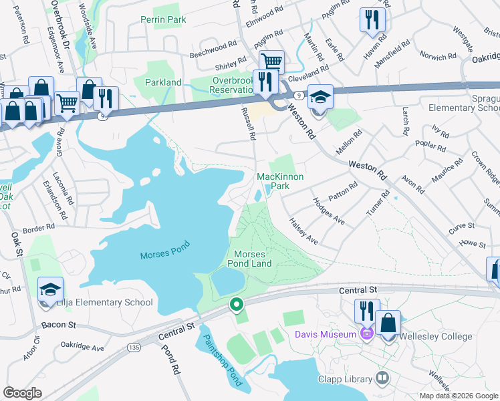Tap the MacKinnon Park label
(x=281, y=181)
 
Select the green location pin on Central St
(x=236, y=305)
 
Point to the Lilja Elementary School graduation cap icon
(x=51, y=289)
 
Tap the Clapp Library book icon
(x=382, y=378)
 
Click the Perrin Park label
(x=163, y=20)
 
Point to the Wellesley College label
(x=435, y=336)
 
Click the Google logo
(x=22, y=393)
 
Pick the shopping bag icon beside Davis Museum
(x=388, y=323)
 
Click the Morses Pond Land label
(x=253, y=259)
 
